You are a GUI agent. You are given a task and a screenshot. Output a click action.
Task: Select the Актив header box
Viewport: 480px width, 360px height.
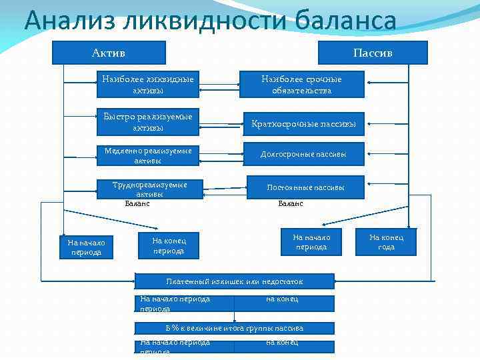109,53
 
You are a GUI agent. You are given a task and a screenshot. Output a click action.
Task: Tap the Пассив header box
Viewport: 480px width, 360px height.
373,53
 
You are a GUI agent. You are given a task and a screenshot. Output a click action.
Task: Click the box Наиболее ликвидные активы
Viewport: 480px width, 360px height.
147,85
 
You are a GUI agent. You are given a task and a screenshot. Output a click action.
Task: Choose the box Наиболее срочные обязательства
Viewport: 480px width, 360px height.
301,85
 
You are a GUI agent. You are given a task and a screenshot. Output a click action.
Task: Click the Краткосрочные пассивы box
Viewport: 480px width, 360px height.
303,124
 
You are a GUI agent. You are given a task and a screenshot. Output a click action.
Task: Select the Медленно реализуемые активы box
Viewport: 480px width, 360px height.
147,155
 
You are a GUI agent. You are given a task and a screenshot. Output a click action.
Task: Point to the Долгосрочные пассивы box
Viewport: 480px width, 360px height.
303,154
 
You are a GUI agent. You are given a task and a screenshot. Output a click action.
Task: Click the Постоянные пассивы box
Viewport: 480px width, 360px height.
305,187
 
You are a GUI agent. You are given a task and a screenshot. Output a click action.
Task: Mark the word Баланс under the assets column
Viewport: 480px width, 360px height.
137,203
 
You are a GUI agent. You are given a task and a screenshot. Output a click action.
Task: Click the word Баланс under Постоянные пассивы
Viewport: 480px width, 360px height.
291,203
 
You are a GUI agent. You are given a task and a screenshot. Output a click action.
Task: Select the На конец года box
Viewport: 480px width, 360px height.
386,242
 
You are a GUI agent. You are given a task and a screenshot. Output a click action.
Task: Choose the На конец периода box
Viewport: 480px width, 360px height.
169,245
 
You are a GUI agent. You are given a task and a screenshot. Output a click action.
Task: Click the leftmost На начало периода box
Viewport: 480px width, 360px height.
85,247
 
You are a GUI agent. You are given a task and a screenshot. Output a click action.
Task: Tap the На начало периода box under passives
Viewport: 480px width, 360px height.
311,242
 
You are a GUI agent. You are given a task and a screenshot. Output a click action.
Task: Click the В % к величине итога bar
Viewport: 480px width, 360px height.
234,328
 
